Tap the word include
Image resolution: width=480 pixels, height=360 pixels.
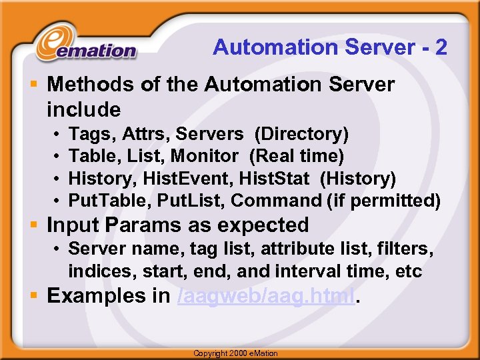[84, 109]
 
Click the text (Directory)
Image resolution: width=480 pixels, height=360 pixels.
[301, 134]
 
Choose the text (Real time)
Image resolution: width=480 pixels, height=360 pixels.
[297, 156]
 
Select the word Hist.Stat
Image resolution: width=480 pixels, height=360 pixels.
[273, 178]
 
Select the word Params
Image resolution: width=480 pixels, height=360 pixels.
[153, 225]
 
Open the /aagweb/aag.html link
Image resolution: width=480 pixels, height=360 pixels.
[267, 296]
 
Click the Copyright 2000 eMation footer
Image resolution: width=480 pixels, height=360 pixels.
[235, 353]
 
